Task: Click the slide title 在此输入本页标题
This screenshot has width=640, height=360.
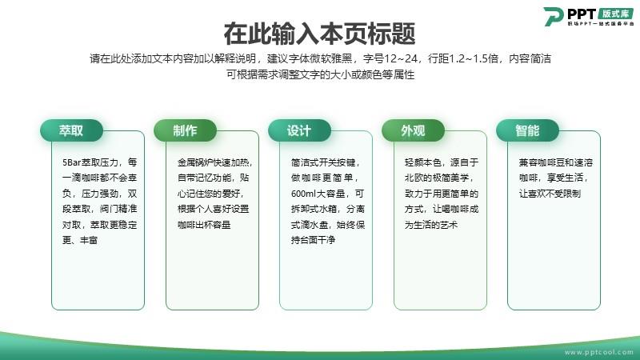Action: [x=319, y=34]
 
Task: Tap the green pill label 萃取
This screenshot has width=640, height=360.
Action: [x=71, y=130]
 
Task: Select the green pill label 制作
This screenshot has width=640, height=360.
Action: [x=185, y=130]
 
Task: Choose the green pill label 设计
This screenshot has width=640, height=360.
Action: [x=299, y=130]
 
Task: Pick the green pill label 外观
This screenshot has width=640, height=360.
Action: [x=413, y=130]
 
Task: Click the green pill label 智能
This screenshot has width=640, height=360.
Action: [x=527, y=130]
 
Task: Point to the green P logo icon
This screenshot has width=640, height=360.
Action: [x=554, y=16]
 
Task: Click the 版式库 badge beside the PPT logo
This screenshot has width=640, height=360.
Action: [x=615, y=14]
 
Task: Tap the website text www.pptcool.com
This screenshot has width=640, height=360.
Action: [x=598, y=352]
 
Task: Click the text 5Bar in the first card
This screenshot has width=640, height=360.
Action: [x=71, y=162]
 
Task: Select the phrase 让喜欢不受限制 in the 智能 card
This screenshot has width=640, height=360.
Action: [x=550, y=194]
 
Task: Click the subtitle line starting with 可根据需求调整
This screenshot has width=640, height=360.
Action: [x=321, y=74]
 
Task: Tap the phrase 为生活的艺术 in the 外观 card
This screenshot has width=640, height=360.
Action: [x=431, y=225]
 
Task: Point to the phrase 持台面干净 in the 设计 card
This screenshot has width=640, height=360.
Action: [x=313, y=240]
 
